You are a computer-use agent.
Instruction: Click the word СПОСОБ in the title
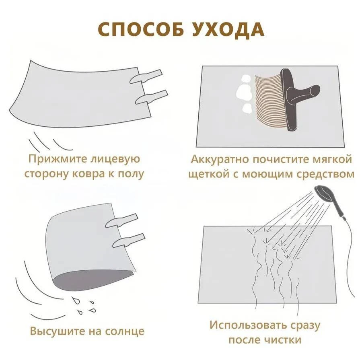(142, 29)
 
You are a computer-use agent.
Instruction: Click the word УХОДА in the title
(228, 29)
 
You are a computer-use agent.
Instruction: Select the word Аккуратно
(220, 160)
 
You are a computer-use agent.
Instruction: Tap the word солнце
(125, 331)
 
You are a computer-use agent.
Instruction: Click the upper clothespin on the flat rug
(146, 76)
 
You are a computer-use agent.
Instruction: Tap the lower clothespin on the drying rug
(129, 240)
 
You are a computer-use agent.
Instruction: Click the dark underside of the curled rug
(93, 280)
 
